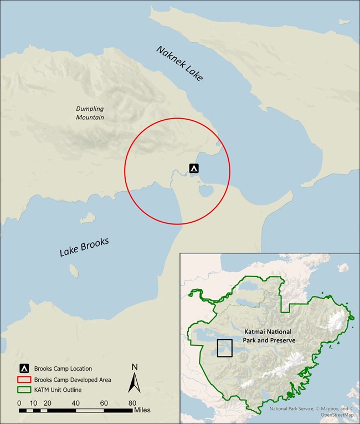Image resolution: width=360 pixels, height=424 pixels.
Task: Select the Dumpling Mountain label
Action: tap(90, 113)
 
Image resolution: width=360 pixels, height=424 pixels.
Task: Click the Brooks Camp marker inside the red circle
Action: tap(193, 168)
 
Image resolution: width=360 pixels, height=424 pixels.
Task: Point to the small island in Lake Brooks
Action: tap(73, 270)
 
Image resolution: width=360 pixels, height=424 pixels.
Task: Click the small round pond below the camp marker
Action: tap(206, 191)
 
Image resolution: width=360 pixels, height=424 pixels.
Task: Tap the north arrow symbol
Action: tap(135, 382)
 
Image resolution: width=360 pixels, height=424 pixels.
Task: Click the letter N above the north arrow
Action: tap(135, 367)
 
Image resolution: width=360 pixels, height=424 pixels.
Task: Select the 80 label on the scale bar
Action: tap(132, 403)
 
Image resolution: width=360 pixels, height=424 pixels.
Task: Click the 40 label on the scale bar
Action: tap(75, 403)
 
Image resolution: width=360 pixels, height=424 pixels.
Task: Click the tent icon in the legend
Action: tap(24, 369)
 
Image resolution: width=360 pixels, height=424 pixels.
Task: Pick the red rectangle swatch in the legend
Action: tap(24, 380)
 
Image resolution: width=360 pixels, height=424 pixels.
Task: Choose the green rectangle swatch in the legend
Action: tap(24, 390)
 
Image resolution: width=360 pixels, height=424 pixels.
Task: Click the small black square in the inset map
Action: tap(224, 348)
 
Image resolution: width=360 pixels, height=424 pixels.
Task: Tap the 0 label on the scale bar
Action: tap(19, 403)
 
